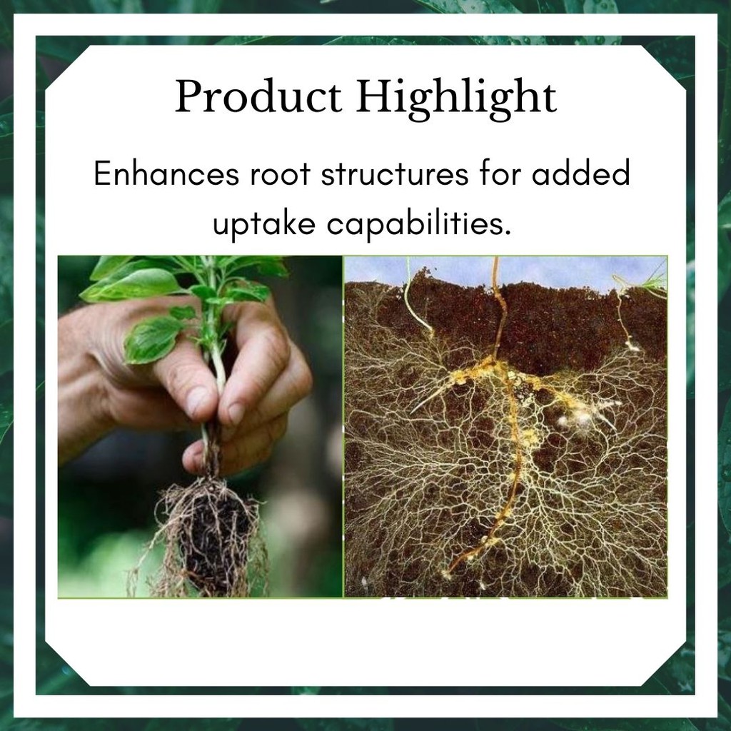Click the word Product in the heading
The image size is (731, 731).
[x=258, y=96]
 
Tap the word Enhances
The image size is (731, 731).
[x=166, y=173]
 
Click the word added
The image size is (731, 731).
[x=581, y=173]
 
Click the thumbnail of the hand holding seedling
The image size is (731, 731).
[x=200, y=427]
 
